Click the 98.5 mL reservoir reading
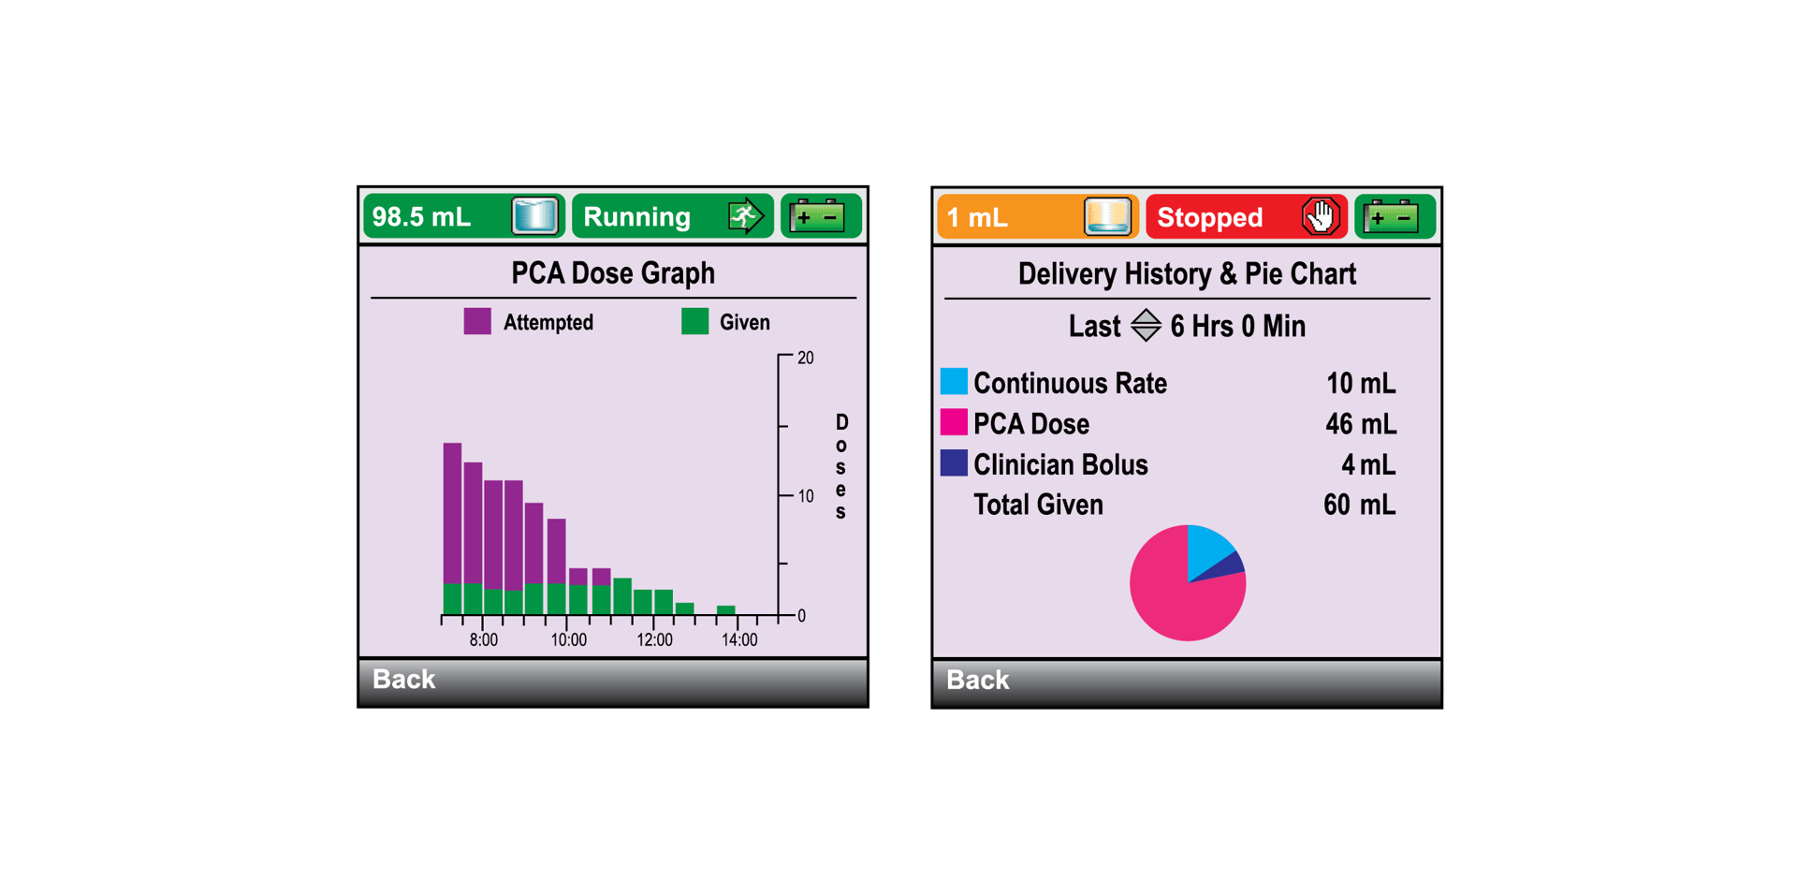tap(422, 217)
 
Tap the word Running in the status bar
tap(636, 217)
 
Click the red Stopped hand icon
tap(1320, 217)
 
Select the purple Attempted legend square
tap(477, 322)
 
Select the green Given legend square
tap(694, 322)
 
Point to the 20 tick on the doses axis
tap(805, 358)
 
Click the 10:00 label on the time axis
tap(568, 640)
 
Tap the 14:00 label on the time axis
tap(738, 640)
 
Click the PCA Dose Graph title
tap(613, 273)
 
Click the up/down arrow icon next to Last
tap(1146, 326)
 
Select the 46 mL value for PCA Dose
tap(1360, 424)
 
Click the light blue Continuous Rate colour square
tap(954, 382)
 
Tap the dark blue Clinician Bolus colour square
tap(954, 463)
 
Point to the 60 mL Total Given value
tap(1359, 506)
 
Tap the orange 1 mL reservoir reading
tap(977, 218)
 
